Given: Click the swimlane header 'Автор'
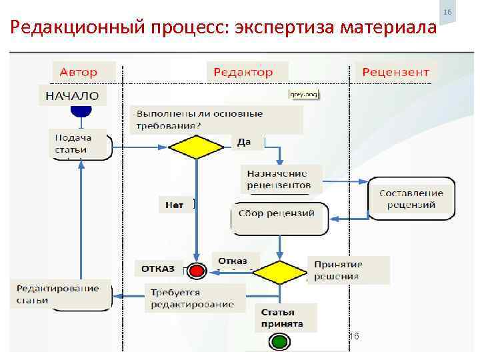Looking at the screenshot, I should [x=79, y=72].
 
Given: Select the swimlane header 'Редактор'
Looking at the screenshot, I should [x=244, y=72].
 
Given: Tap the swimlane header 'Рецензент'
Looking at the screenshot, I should [x=396, y=72].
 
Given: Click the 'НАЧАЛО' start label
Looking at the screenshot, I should [x=72, y=96].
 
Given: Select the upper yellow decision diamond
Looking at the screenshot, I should [x=195, y=147].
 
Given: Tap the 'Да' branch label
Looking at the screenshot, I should [x=244, y=142].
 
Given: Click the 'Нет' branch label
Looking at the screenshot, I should [x=175, y=205].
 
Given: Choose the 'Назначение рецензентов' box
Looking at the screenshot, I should [x=280, y=178].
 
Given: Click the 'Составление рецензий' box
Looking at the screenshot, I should [x=411, y=199].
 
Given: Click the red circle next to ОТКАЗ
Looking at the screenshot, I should [x=196, y=271].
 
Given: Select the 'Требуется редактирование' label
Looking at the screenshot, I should [x=193, y=298].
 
